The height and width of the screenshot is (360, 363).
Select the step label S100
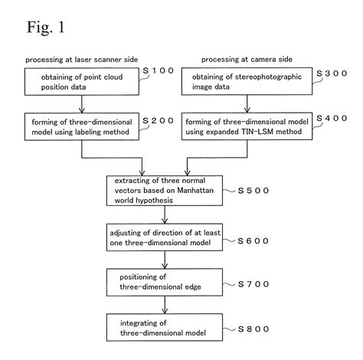162,71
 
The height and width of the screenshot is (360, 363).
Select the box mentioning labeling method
80,126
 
